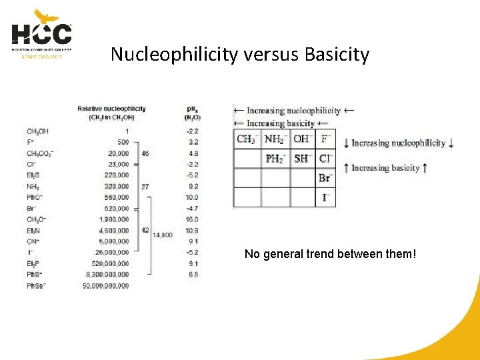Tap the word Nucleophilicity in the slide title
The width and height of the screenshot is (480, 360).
coord(173,54)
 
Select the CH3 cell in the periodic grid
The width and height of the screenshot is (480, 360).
coord(246,139)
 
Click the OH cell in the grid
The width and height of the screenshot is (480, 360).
coord(302,139)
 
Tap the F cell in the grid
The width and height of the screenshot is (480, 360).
coord(325,139)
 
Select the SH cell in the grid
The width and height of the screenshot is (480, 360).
coord(302,159)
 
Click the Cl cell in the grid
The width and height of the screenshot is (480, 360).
coord(325,159)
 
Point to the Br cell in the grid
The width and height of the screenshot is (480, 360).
coord(325,178)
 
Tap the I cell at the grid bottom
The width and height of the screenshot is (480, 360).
coord(325,197)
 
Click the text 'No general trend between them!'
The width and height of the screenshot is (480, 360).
coord(330,254)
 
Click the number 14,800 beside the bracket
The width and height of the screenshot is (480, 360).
coord(163,235)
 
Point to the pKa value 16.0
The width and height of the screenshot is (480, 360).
coord(192,219)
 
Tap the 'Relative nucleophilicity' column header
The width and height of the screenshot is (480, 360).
coord(111,109)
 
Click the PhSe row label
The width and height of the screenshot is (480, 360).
coord(36,285)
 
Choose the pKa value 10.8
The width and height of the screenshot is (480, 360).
coord(192,230)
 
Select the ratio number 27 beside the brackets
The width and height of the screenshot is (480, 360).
coord(145,187)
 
